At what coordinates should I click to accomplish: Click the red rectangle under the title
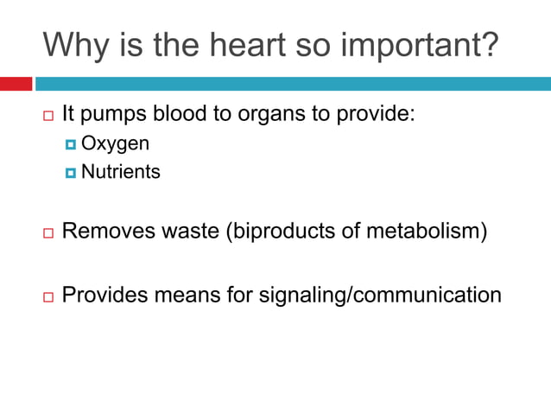tap(16, 84)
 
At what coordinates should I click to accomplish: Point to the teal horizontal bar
tap(292, 84)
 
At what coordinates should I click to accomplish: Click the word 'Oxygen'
tap(115, 143)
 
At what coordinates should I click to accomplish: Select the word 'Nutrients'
tap(120, 172)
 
